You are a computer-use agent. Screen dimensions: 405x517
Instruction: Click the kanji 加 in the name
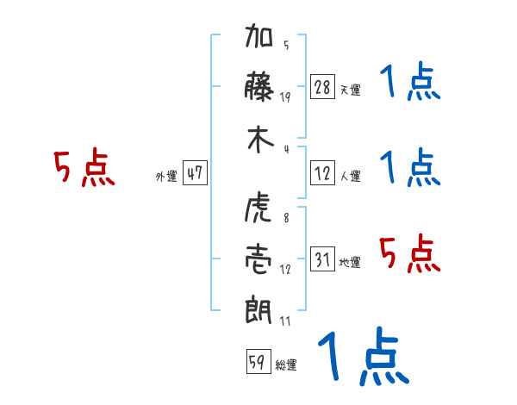tap(260, 40)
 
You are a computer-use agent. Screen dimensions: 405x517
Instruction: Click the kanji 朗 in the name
tap(260, 308)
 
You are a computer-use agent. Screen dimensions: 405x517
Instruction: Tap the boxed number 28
tap(322, 87)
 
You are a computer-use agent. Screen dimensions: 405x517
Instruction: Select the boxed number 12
tap(322, 173)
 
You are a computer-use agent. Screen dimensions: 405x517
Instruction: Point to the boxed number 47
tap(195, 173)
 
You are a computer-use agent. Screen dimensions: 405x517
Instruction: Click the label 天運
tap(350, 90)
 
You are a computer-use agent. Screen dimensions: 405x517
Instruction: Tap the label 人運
tap(350, 176)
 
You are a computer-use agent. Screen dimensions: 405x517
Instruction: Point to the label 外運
tap(166, 176)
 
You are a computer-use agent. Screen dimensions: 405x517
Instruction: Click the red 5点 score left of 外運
tap(84, 168)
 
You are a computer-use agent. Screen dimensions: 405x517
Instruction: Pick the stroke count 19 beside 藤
tap(285, 97)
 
